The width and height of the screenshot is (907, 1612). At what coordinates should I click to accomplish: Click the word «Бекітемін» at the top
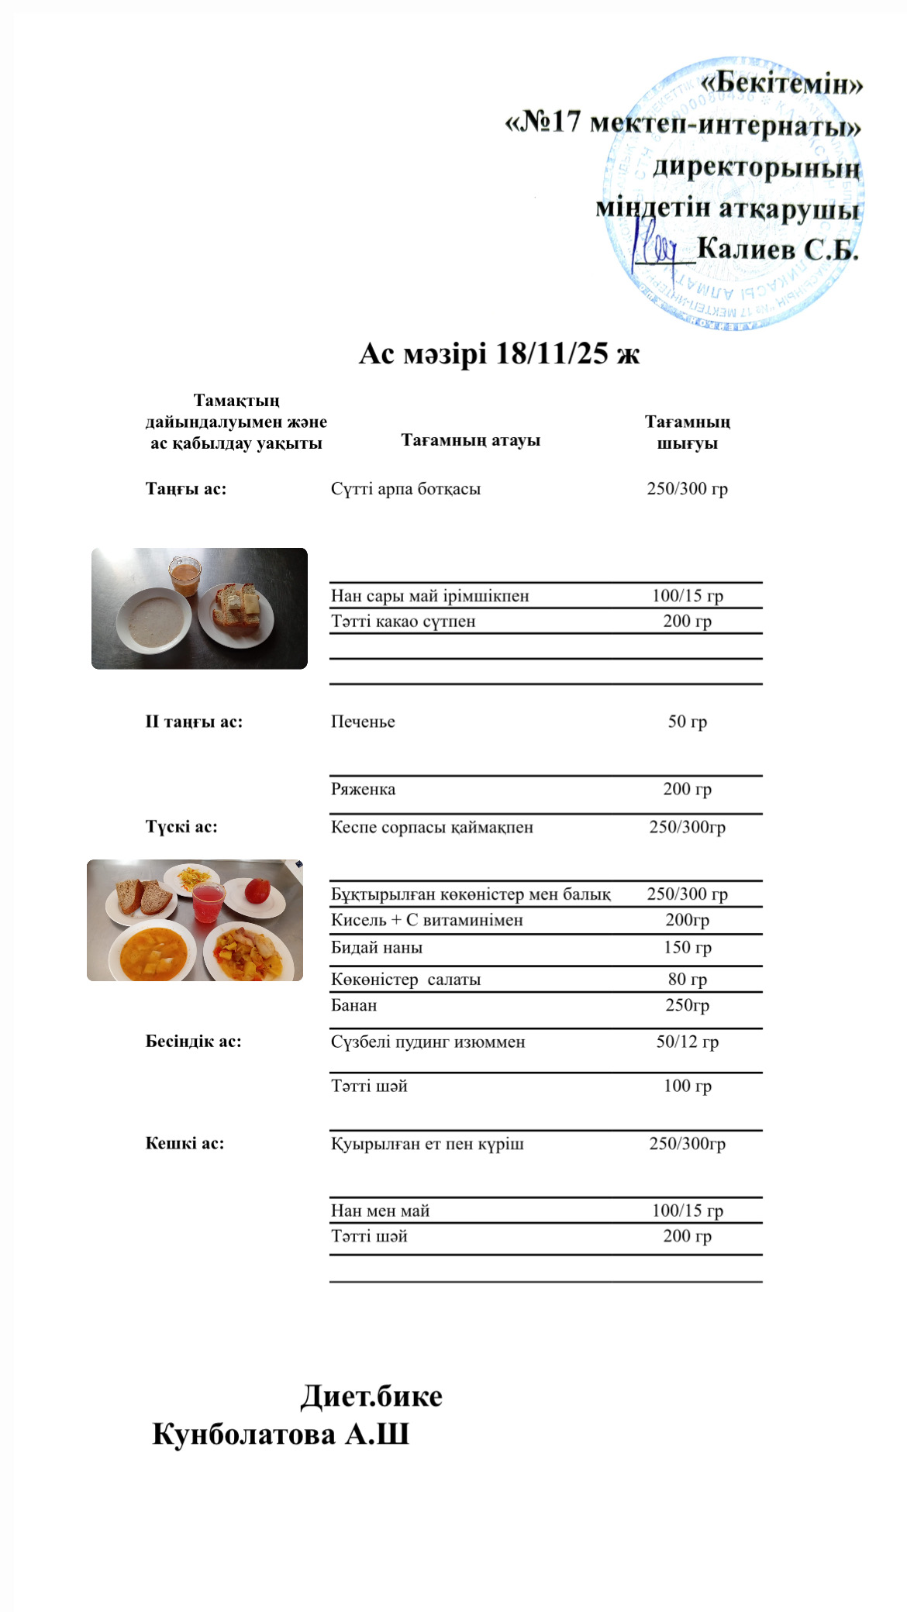tap(781, 83)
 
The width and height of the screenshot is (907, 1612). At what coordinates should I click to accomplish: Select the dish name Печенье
tap(363, 722)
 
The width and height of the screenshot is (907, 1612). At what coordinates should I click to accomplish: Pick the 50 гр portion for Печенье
tap(687, 722)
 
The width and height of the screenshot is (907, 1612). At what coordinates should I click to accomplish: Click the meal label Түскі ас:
tap(181, 826)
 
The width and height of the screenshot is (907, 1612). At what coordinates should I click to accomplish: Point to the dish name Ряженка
tap(363, 789)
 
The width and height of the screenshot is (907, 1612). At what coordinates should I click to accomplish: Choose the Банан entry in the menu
tap(353, 1005)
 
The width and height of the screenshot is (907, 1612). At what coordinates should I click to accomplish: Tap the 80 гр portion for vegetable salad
tap(687, 979)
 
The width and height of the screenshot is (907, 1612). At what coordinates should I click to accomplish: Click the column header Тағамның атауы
tap(471, 440)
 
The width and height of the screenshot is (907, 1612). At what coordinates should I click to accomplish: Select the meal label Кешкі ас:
tap(185, 1143)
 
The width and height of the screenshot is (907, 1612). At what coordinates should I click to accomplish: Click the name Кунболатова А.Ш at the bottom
tap(281, 1434)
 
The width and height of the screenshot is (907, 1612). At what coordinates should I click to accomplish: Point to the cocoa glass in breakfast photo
tap(185, 574)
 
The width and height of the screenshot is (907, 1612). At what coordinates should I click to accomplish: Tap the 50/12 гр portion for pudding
tap(687, 1042)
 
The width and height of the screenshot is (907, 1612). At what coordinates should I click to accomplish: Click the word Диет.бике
tap(371, 1396)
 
